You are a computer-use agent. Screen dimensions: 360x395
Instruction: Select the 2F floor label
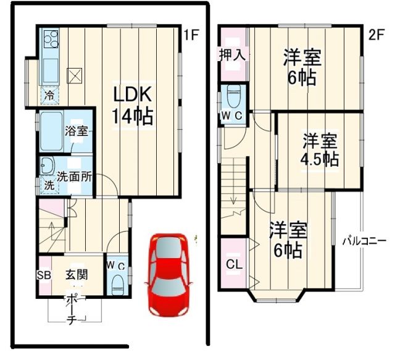tap(376, 35)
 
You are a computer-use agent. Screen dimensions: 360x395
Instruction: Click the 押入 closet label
tap(233, 55)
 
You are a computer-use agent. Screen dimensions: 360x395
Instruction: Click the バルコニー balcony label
tap(364, 241)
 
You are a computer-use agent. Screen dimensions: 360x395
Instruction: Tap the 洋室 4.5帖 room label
tap(319, 149)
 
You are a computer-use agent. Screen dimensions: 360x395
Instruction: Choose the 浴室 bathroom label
tap(77, 131)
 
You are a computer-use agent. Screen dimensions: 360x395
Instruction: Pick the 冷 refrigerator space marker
tap(49, 95)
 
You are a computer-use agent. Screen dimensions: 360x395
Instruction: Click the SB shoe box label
tap(43, 275)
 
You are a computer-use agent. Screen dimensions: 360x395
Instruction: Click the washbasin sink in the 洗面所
tap(46, 165)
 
